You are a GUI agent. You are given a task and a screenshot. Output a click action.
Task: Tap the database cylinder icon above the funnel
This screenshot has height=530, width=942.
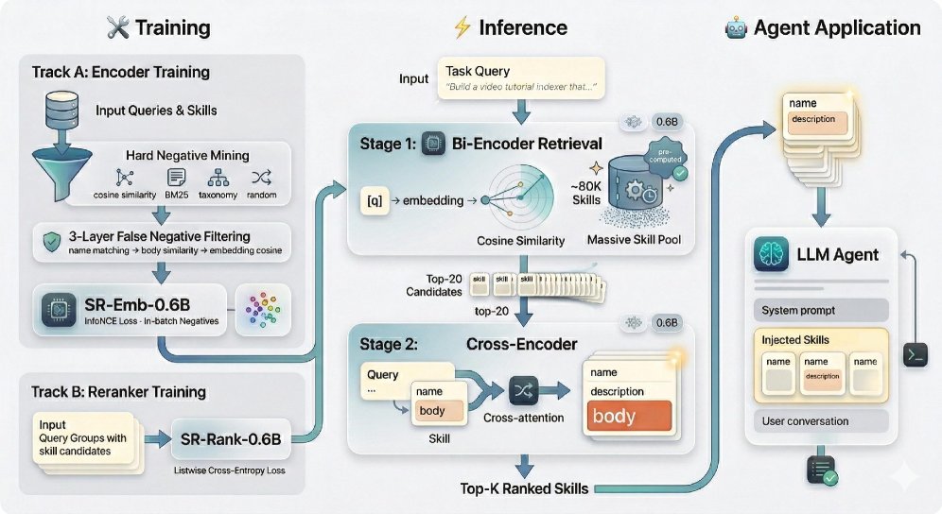(x=59, y=109)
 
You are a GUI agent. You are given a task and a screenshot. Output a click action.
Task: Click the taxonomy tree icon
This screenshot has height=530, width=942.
(x=218, y=178)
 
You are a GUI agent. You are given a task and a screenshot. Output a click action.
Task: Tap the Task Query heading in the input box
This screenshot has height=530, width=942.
(x=478, y=71)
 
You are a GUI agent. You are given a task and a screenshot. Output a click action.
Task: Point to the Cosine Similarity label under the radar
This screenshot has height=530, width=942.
(x=519, y=241)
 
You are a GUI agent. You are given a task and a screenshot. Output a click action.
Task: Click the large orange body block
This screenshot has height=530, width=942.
(x=629, y=416)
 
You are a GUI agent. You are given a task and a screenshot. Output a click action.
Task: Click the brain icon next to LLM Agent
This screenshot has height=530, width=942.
(x=772, y=254)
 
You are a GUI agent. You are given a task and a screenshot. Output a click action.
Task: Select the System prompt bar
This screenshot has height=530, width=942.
(x=818, y=310)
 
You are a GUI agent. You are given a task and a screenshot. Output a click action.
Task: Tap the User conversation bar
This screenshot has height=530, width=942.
(x=818, y=421)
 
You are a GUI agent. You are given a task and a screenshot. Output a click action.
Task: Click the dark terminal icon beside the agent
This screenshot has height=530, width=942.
(x=916, y=355)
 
